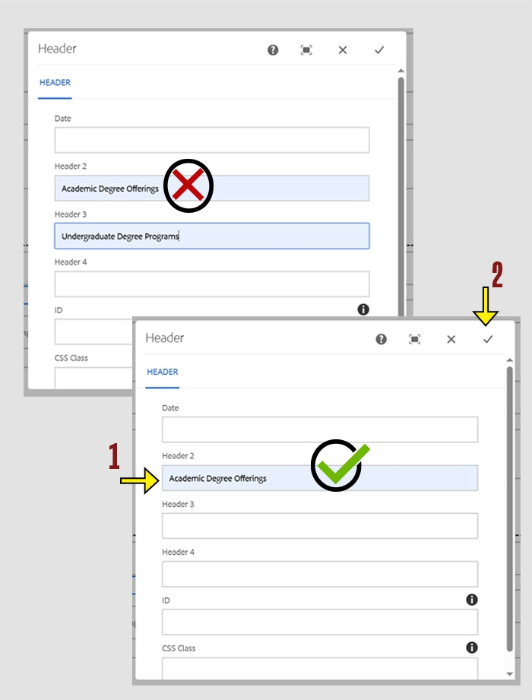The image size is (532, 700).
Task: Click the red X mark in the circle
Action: click(x=188, y=185)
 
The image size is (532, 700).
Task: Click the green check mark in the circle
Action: click(x=338, y=465)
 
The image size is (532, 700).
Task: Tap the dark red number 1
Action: click(x=114, y=458)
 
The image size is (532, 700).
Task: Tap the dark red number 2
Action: click(x=497, y=275)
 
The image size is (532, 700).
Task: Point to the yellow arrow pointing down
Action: click(x=486, y=307)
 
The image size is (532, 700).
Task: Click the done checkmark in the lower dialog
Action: click(x=488, y=339)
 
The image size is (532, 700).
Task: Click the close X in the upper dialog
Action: click(x=343, y=50)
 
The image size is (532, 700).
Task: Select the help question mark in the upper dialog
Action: click(x=273, y=50)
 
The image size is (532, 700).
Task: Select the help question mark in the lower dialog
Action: click(x=382, y=339)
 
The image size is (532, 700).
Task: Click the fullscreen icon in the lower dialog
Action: click(x=415, y=339)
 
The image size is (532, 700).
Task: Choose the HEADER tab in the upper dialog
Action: click(x=55, y=83)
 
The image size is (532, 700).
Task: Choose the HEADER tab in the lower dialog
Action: click(x=163, y=372)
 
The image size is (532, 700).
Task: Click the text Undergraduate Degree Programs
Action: click(x=120, y=236)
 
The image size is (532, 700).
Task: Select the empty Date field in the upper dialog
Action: click(x=211, y=140)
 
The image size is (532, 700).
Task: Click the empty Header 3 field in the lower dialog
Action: click(x=319, y=526)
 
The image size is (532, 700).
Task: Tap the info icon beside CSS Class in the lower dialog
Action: click(x=472, y=648)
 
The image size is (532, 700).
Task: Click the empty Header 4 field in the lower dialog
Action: click(x=319, y=574)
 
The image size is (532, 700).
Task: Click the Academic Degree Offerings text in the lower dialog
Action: click(x=217, y=478)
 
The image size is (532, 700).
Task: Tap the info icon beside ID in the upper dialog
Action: click(x=363, y=309)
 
